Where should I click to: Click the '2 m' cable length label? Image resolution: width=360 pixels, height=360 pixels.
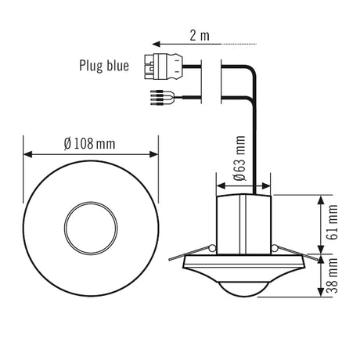point(200,36)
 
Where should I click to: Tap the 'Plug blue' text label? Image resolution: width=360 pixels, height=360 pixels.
point(104,66)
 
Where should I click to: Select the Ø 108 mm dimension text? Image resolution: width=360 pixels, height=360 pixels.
point(89,144)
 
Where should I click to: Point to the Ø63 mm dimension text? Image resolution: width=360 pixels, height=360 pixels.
point(239,158)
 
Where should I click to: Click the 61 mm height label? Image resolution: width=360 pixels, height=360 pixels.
point(333,222)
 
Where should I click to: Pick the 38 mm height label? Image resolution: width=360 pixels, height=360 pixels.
point(333,275)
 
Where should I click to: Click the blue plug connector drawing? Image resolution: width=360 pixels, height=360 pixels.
point(163,67)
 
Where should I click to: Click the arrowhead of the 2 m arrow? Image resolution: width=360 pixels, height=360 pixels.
point(156,44)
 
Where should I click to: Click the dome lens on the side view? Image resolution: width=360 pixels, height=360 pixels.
point(244,290)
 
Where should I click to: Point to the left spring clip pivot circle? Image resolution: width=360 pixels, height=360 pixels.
point(213,248)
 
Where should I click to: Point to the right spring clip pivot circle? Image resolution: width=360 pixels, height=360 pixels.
point(275,248)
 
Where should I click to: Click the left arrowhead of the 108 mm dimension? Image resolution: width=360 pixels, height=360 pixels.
point(27,154)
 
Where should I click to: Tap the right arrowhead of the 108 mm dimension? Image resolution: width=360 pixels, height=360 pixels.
point(154,154)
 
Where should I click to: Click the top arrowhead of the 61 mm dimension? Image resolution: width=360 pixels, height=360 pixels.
point(321,200)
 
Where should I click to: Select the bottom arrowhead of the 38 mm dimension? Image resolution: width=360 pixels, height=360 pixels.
point(321,292)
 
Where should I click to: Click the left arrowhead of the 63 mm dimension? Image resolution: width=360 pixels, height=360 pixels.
point(221,186)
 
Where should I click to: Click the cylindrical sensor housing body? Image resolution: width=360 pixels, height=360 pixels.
point(244,225)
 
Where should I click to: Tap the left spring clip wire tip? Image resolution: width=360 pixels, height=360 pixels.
point(170,259)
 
